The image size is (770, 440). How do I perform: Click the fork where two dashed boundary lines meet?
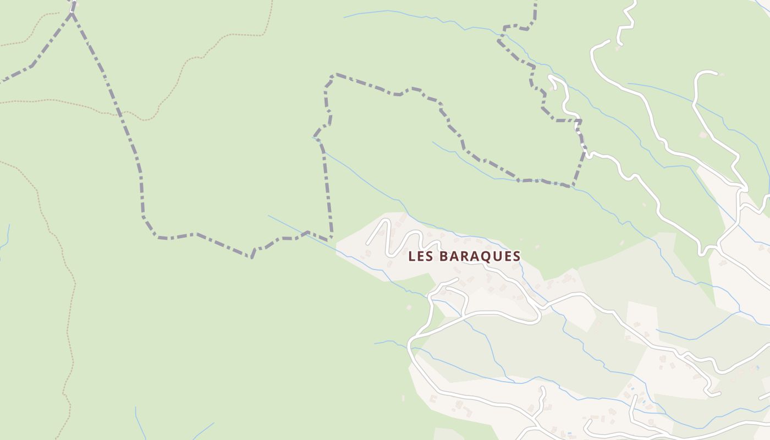[72, 13]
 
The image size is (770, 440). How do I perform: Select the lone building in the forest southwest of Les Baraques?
[409, 307]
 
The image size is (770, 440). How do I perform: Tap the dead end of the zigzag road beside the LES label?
[367, 243]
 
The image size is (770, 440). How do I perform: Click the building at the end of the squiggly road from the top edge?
[618, 47]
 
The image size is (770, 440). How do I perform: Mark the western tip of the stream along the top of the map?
[345, 18]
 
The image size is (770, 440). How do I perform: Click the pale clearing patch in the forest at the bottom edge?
[448, 434]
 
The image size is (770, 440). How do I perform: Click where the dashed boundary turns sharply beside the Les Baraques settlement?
[331, 238]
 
